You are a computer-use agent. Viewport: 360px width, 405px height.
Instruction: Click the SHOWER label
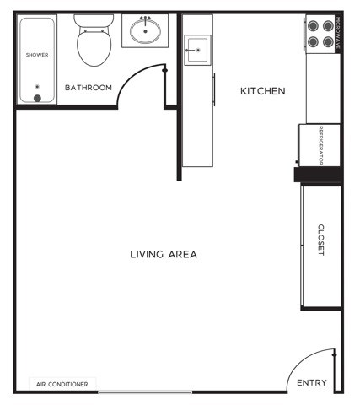click(36, 55)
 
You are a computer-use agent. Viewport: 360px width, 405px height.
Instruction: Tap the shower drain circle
click(37, 98)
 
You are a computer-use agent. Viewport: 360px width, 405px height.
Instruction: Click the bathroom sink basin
click(146, 33)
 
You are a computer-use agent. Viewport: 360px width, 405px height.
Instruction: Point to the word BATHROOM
click(89, 88)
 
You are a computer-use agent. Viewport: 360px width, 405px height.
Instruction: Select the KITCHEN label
click(263, 91)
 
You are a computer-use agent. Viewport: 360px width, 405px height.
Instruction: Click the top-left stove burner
click(313, 25)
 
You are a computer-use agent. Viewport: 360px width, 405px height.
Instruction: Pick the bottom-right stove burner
click(326, 40)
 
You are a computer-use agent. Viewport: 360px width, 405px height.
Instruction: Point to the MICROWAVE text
click(337, 34)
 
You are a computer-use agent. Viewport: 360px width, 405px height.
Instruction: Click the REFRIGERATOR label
click(321, 144)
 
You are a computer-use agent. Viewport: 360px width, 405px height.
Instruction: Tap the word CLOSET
click(321, 240)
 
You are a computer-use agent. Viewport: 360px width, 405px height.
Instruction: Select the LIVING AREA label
click(164, 254)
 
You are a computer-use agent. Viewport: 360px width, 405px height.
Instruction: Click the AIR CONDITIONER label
click(62, 384)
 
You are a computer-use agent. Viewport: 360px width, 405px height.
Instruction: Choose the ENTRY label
click(312, 383)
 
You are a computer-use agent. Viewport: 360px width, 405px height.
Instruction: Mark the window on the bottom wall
click(145, 391)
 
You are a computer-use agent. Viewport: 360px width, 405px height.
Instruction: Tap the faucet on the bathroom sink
click(146, 18)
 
